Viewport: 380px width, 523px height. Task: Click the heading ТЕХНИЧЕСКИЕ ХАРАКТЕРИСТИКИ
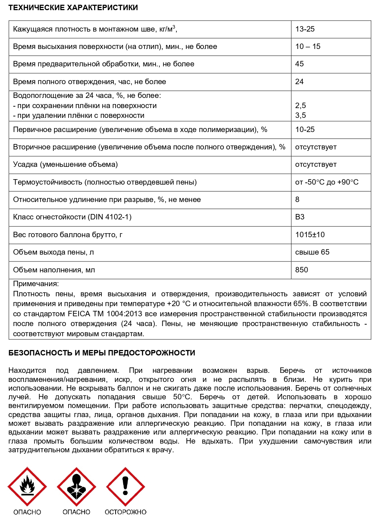coord(73,8)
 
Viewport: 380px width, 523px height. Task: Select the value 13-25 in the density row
coord(305,29)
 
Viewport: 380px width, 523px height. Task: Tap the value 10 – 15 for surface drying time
coord(308,46)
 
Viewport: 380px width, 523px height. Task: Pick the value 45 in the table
coord(299,64)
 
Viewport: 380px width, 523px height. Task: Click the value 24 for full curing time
coord(299,82)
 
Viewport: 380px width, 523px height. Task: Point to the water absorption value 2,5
coord(300,106)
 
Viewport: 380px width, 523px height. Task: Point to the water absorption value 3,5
coord(300,115)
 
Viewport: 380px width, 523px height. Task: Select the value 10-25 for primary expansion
coord(305,129)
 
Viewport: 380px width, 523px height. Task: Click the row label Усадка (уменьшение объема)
coord(65,164)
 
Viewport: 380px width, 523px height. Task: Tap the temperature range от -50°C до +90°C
coord(327,182)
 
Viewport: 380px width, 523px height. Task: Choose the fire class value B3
coord(300,217)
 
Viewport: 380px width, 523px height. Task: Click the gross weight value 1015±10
coord(310,235)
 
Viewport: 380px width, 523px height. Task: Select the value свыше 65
coord(312,252)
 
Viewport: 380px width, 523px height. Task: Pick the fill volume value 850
coord(301,270)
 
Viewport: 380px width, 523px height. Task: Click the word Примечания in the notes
coord(36,284)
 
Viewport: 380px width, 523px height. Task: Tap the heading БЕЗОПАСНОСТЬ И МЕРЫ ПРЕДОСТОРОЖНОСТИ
coord(102,353)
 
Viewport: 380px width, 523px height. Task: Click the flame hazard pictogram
coord(27,487)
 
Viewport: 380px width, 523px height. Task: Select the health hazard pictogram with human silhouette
coord(76,487)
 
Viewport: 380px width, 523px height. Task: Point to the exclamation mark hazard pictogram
coord(125,487)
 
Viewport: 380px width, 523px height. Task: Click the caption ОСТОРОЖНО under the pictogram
coord(125,512)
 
